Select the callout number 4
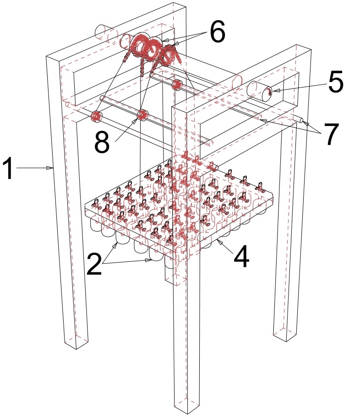241,256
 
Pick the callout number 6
218,32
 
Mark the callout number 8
102,142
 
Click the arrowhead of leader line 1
50,168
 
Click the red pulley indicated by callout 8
142,115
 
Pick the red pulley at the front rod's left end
96,116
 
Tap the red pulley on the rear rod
177,85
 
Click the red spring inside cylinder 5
269,92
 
